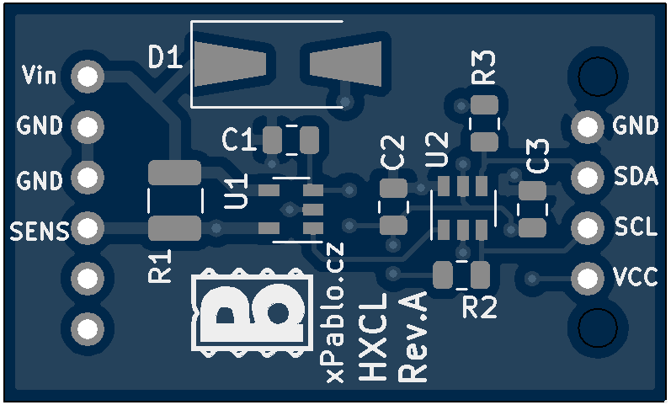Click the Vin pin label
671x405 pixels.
pyautogui.click(x=39, y=77)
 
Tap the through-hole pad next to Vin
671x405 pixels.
pyautogui.click(x=87, y=77)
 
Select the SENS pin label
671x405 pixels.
pyautogui.click(x=39, y=230)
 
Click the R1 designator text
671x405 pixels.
pyautogui.click(x=160, y=266)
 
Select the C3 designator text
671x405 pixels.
pyautogui.click(x=537, y=157)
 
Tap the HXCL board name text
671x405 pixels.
pyautogui.click(x=373, y=337)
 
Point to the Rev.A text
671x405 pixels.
pyautogui.click(x=413, y=338)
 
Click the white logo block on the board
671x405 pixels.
pyautogui.click(x=249, y=312)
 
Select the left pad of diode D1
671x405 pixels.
pyautogui.click(x=232, y=64)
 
